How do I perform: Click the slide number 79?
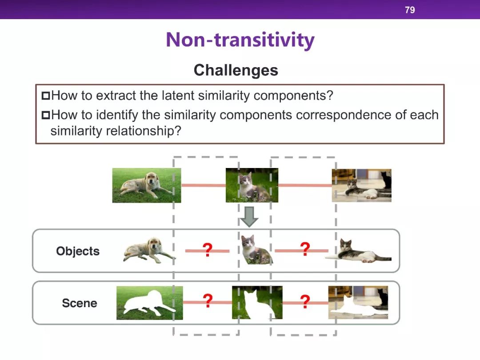pos(410,10)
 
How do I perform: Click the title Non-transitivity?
pos(240,40)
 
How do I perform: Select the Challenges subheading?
pos(236,70)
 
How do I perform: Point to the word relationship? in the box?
pos(144,131)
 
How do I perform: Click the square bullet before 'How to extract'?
pos(46,96)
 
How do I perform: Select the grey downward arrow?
pos(249,217)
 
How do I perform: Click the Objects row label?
pos(78,251)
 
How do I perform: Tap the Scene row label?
pos(80,303)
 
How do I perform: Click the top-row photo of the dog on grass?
pos(147,185)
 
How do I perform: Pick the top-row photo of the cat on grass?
pos(252,185)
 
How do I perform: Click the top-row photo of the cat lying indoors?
pos(361,185)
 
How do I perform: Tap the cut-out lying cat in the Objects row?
pos(359,251)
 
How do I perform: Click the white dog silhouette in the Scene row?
pos(150,303)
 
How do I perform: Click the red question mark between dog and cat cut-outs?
pos(208,250)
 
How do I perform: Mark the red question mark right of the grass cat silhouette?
pos(305,301)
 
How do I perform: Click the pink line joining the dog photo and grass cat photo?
pos(204,185)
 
